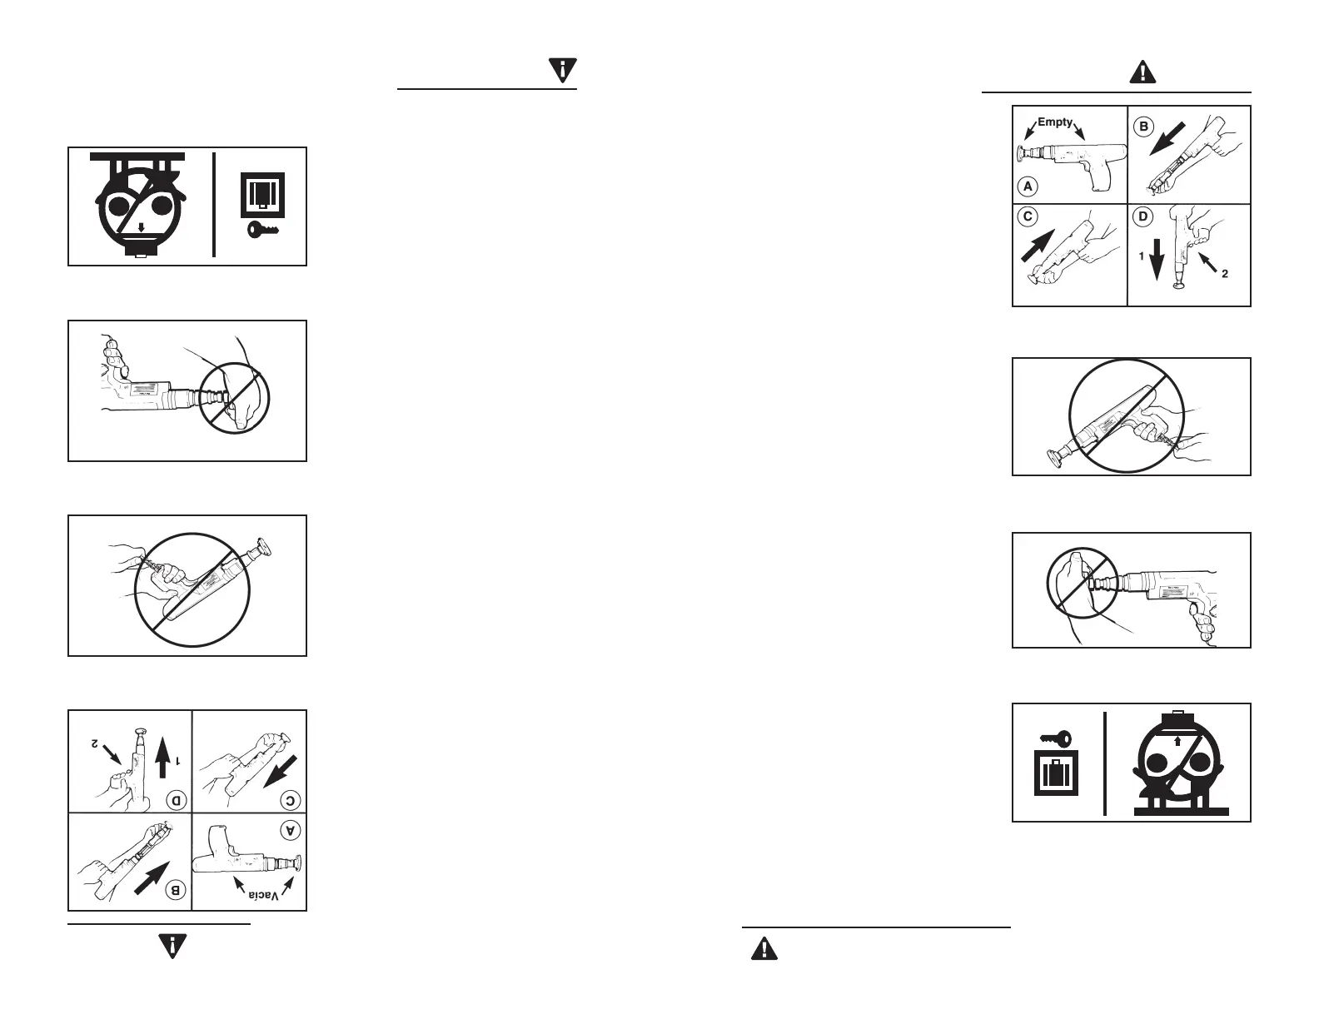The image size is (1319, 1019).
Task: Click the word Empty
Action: [1055, 122]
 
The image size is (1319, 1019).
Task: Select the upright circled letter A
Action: [1027, 186]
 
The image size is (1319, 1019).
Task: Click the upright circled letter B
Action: [1143, 127]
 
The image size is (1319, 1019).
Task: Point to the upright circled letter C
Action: [1028, 216]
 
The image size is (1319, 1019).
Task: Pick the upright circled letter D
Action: [1142, 216]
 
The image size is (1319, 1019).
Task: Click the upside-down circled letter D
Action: [177, 801]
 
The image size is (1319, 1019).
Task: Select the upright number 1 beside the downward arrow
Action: [1142, 258]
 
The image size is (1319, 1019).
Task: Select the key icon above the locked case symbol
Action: [1055, 738]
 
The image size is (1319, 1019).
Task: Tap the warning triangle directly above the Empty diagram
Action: [1142, 73]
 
